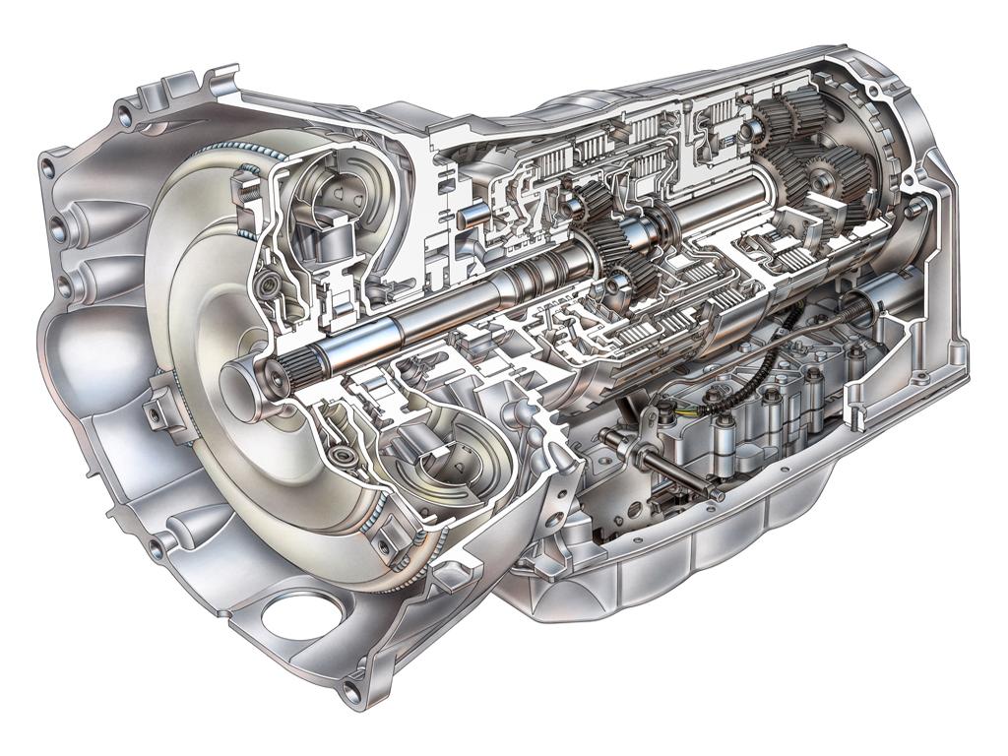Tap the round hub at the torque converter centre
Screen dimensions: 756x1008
pos(236,390)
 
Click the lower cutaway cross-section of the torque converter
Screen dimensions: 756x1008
pos(433,463)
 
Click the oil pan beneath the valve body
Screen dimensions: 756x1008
pos(689,561)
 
